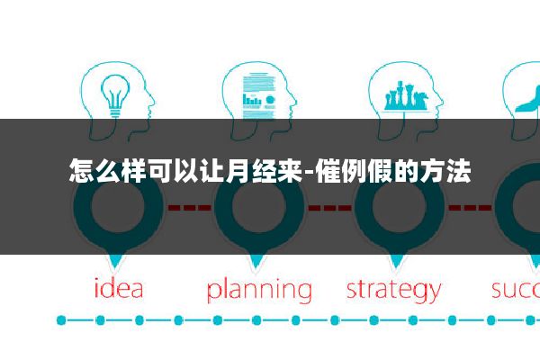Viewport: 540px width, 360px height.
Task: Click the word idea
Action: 119,290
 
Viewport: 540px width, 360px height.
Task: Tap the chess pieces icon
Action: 405,95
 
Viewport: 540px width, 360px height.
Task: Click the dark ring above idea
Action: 115,210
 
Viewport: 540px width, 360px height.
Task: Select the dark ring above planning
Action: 257,210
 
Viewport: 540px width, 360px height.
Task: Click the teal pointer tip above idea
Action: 115,263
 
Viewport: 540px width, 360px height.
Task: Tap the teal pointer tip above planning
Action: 257,263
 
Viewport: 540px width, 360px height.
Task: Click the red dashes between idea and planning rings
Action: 186,208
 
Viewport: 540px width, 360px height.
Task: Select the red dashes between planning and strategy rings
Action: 328,208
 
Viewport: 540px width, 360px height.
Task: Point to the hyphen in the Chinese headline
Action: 310,170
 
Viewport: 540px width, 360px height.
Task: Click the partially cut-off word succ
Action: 515,290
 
